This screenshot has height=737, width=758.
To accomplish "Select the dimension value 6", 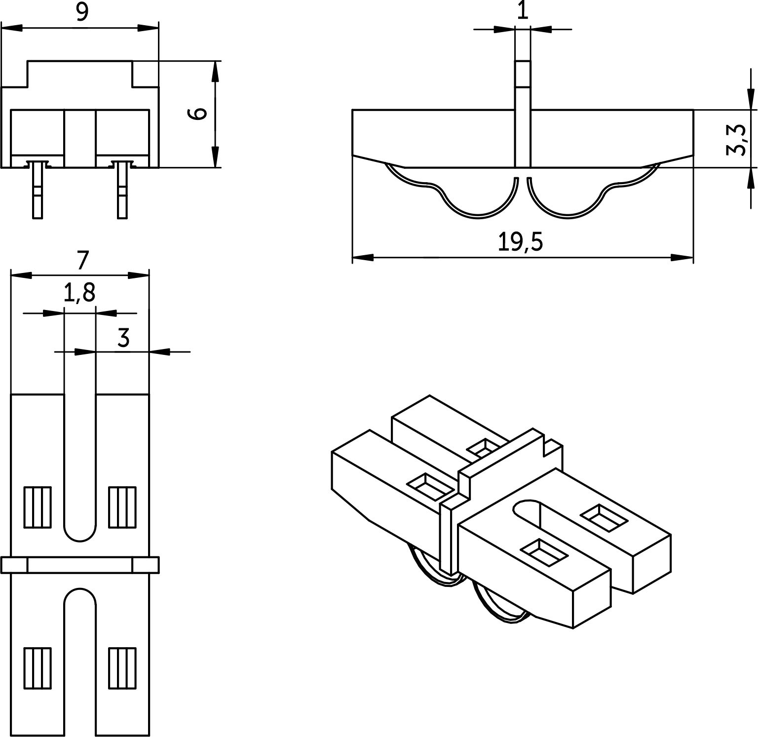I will click(x=198, y=114).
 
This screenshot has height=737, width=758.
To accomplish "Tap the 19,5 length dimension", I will click(x=520, y=242).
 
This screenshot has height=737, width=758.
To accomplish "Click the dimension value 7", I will click(x=82, y=260).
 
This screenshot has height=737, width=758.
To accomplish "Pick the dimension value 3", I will click(x=123, y=338).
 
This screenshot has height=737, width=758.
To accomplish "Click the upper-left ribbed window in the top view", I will click(x=38, y=507).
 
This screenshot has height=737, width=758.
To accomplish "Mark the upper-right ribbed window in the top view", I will click(x=122, y=507).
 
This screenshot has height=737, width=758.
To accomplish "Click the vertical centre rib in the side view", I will click(x=523, y=114).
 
